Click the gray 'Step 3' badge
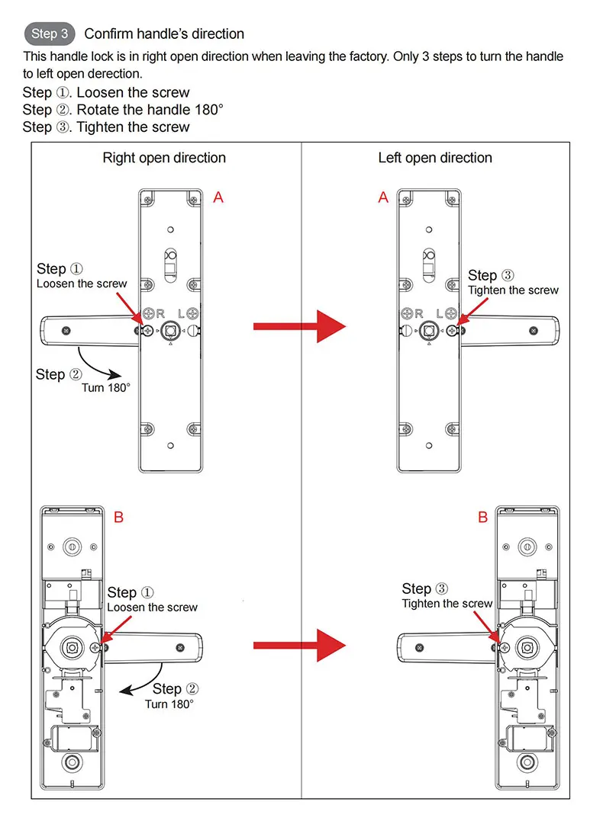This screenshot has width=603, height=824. (50, 34)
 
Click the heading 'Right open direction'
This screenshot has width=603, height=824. (164, 158)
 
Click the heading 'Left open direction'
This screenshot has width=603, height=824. (435, 158)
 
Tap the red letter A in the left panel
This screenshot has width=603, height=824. (218, 197)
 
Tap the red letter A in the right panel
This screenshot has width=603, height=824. (383, 197)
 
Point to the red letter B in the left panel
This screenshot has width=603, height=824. (118, 518)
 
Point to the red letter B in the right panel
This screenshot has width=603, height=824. (482, 518)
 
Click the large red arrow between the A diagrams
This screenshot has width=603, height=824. (299, 326)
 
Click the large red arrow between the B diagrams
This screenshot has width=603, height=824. (299, 646)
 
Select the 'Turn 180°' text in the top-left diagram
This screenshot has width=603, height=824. (106, 387)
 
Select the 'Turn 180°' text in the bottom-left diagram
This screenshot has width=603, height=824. (169, 704)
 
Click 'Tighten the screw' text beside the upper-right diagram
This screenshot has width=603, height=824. (513, 290)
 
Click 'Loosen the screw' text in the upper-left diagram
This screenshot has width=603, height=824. (82, 284)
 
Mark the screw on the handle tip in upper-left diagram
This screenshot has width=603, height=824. (66, 331)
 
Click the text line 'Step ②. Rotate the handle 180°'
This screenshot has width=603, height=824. (123, 110)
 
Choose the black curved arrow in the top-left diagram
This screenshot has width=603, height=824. (99, 365)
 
